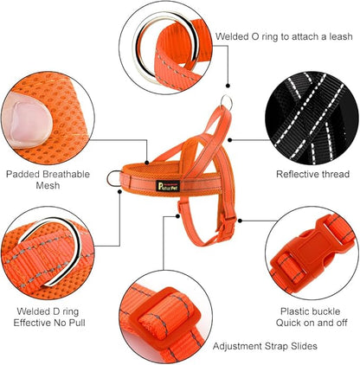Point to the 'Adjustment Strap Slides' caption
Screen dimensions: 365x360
tap(264, 346)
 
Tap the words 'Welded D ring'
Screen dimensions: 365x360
tap(51, 311)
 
